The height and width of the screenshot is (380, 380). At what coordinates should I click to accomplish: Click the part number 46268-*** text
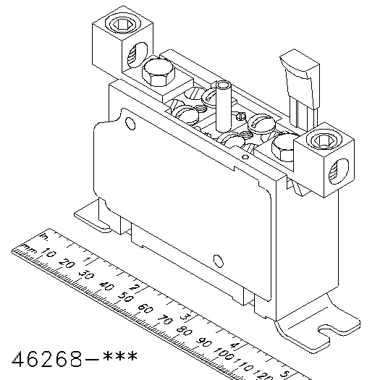click(x=75, y=358)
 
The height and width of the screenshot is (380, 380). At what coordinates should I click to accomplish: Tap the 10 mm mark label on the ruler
click(x=49, y=253)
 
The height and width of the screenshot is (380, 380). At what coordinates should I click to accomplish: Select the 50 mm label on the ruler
click(x=126, y=297)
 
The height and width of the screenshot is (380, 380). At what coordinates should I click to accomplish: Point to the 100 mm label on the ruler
click(x=224, y=354)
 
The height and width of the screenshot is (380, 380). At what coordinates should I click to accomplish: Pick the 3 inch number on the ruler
click(x=185, y=316)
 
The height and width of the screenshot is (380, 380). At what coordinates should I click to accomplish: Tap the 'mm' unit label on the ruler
click(x=29, y=248)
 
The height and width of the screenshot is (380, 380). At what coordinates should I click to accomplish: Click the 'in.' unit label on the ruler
click(x=44, y=236)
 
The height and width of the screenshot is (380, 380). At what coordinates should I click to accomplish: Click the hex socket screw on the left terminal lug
click(x=123, y=24)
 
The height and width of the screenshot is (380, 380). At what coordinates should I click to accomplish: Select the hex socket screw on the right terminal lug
click(x=324, y=140)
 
